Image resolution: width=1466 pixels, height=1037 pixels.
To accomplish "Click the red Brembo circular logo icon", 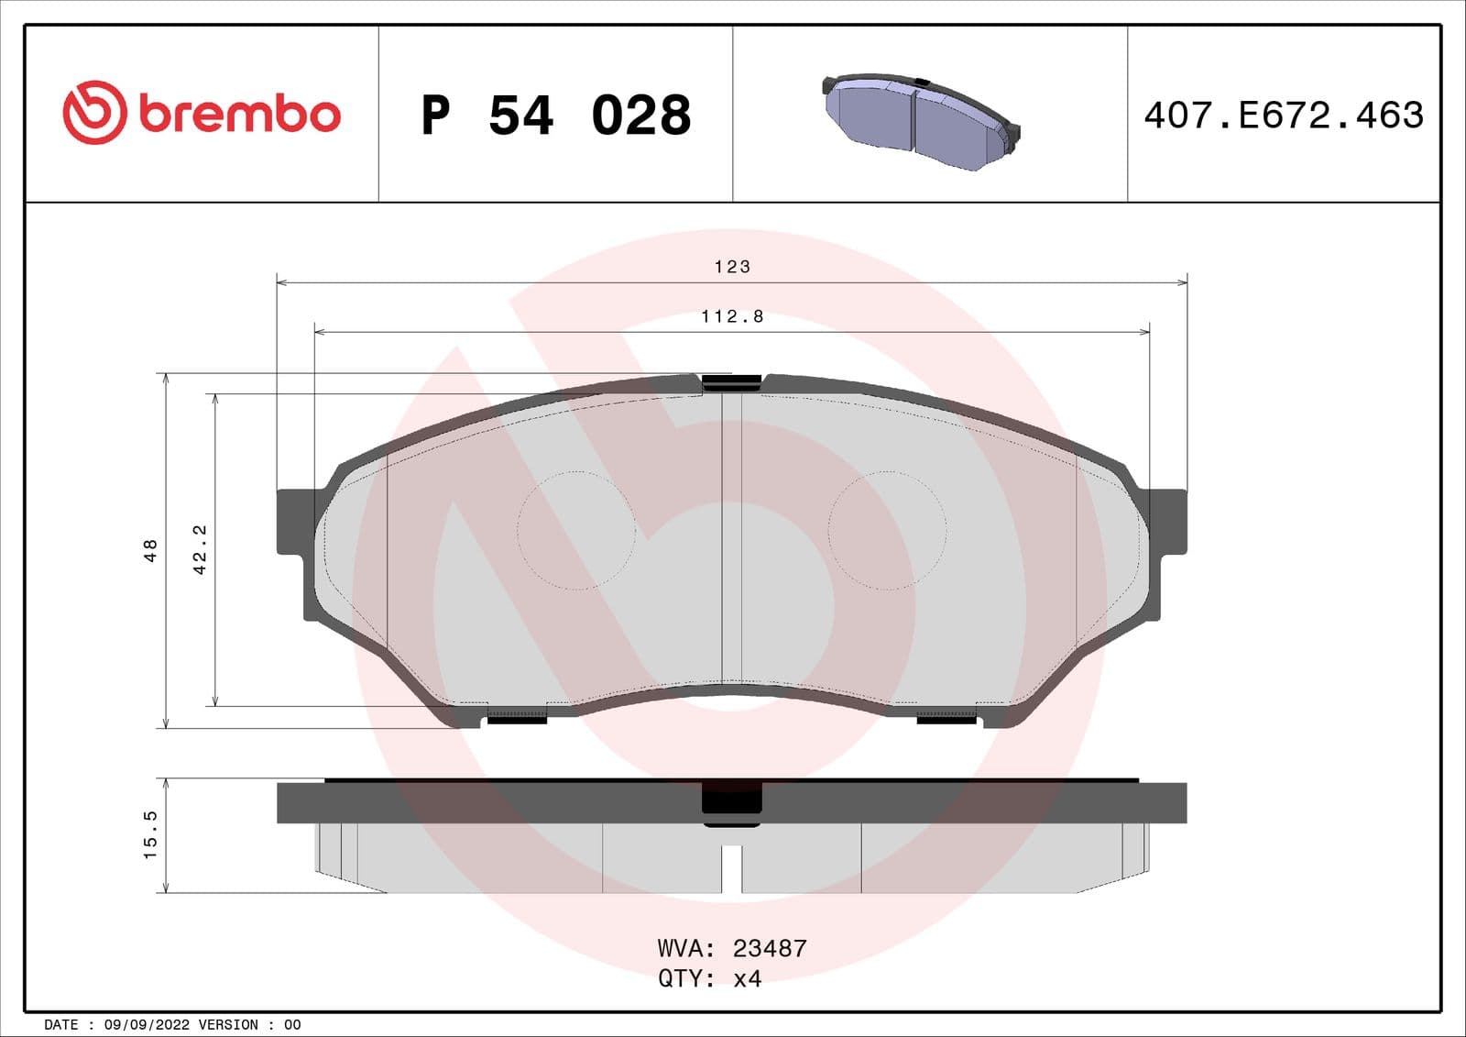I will pyautogui.click(x=93, y=113).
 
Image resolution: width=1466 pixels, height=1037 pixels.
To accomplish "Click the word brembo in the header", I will pyautogui.click(x=240, y=114).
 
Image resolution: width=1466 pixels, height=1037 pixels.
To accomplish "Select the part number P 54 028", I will pyautogui.click(x=555, y=116).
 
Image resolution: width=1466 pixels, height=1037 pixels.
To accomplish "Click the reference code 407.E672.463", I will pyautogui.click(x=1284, y=116).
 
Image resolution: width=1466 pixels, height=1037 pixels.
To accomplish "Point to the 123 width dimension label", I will pyautogui.click(x=732, y=267).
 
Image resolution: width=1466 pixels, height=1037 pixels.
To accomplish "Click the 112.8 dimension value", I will pyautogui.click(x=732, y=316).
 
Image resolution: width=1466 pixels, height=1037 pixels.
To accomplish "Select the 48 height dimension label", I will pyautogui.click(x=151, y=550).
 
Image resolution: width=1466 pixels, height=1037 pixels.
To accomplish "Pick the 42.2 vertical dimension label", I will pyautogui.click(x=200, y=549).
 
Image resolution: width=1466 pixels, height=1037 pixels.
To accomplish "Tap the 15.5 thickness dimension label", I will pyautogui.click(x=151, y=834).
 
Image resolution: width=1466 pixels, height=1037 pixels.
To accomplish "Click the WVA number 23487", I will pyautogui.click(x=770, y=948).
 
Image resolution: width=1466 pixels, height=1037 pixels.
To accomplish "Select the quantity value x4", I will pyautogui.click(x=747, y=978).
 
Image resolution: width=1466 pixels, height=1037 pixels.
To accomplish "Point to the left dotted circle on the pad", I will pyautogui.click(x=576, y=530).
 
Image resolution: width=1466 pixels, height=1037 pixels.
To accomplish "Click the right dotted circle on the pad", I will pyautogui.click(x=887, y=530).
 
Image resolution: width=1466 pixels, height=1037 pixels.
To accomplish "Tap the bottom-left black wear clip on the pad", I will pyautogui.click(x=517, y=717).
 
